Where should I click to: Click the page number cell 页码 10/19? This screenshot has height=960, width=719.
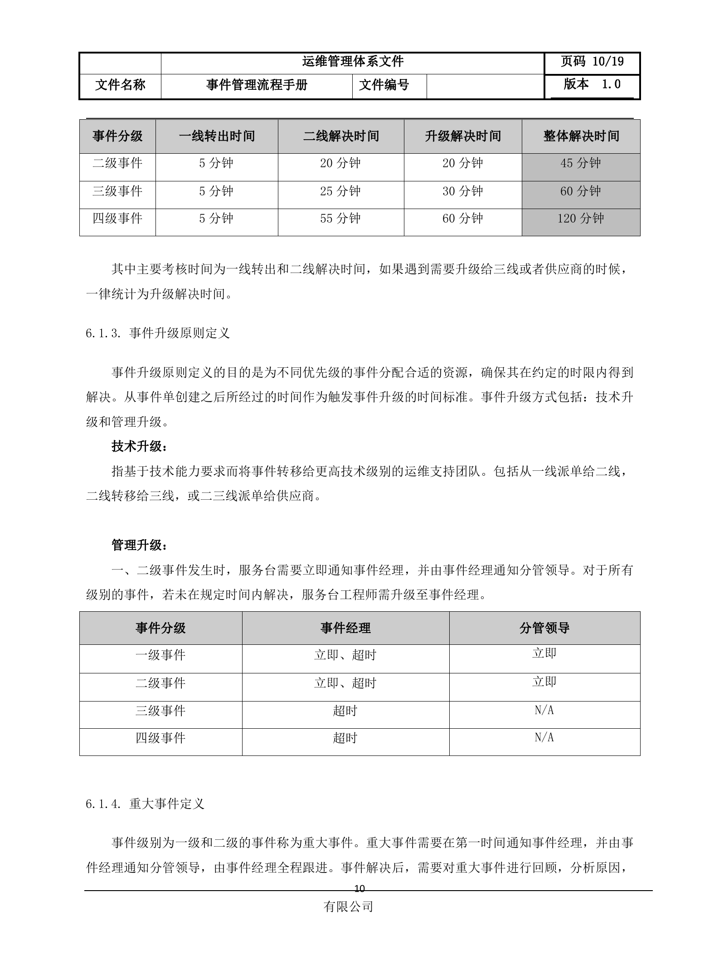(592, 62)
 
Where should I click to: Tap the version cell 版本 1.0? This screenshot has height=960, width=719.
(592, 84)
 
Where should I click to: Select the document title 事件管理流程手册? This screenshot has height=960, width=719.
(257, 85)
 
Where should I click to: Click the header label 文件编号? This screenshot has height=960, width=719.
(384, 85)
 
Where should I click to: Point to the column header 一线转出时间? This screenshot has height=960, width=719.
(217, 136)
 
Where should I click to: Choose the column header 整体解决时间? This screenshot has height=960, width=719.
(581, 136)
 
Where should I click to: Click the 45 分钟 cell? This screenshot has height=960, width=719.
(581, 163)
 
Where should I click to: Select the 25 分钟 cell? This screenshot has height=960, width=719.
(340, 191)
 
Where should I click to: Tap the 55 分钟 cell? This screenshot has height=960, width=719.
(340, 219)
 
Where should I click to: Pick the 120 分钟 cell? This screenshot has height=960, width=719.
(581, 219)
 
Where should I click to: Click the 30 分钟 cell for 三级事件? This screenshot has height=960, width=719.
(463, 191)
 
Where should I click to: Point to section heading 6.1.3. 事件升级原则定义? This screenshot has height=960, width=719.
(158, 333)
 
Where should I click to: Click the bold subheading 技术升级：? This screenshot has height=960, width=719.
(140, 447)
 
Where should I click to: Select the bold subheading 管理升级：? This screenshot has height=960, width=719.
(140, 545)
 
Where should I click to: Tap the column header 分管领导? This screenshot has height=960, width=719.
(544, 628)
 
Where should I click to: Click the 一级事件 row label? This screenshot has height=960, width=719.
(160, 655)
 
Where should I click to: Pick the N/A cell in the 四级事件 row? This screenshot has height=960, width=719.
(544, 738)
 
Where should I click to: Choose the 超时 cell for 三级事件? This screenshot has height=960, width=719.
(345, 711)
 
